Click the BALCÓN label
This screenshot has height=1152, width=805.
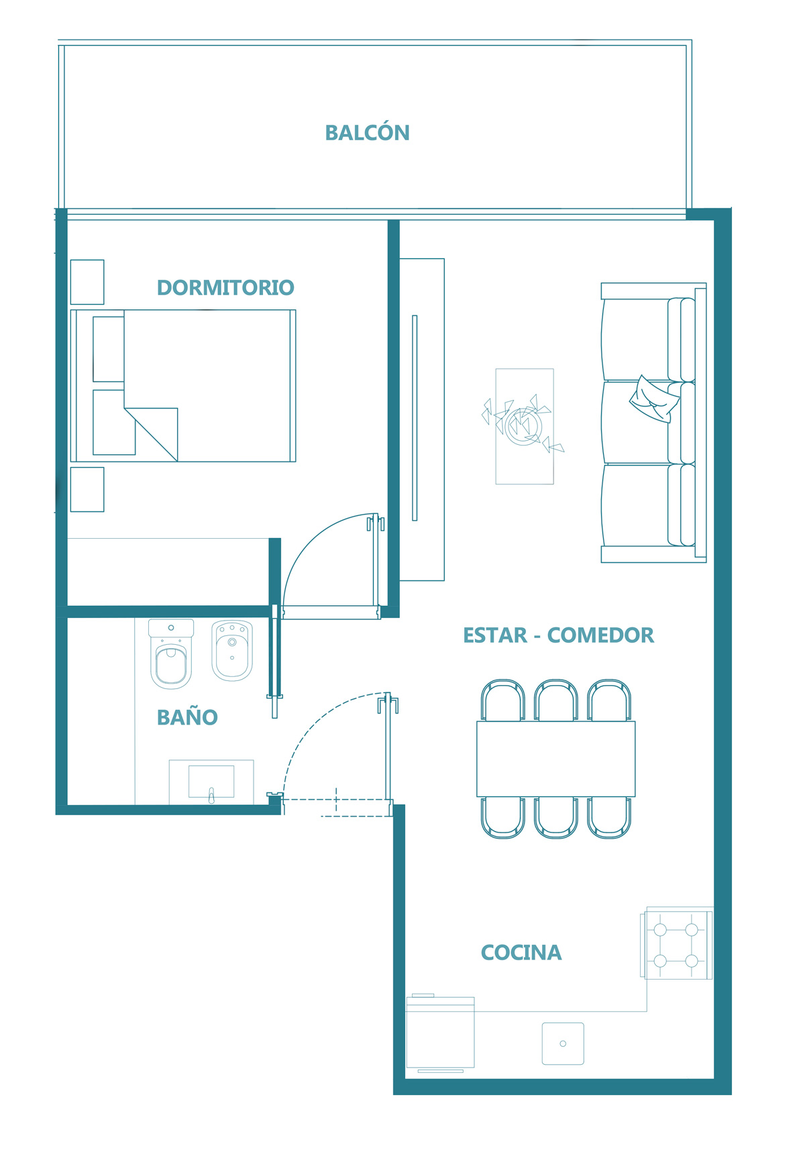tap(367, 133)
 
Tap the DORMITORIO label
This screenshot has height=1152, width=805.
tap(225, 288)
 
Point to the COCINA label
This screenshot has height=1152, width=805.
tap(521, 953)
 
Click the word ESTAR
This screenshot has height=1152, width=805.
tap(495, 635)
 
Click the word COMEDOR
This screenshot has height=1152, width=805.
tap(600, 635)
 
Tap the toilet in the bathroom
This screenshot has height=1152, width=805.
tap(171, 654)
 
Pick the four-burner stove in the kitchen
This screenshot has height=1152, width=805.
tap(676, 944)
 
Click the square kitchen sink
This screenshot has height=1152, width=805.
tap(563, 1043)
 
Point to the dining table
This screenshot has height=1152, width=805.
tap(556, 759)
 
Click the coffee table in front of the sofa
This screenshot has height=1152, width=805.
tap(525, 426)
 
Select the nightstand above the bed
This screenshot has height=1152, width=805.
tap(87, 282)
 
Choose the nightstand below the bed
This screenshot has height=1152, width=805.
tap(87, 489)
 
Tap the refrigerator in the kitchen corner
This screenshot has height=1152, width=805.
tap(441, 1033)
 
